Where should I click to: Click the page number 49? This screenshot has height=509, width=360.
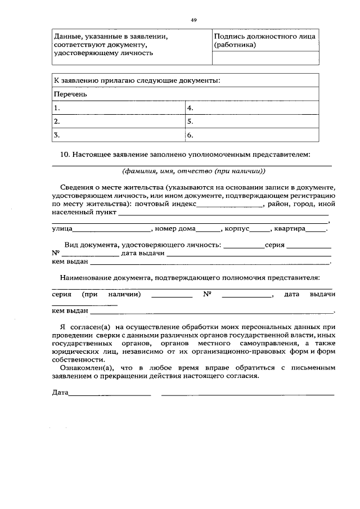(193, 20)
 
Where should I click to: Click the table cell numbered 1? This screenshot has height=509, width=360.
(119, 107)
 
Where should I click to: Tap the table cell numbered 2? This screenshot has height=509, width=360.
(119, 121)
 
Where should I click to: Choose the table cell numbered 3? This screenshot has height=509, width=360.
(119, 135)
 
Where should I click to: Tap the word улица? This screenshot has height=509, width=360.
(62, 229)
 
